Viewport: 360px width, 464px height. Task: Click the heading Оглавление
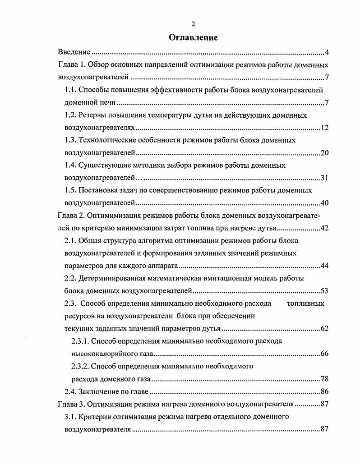[193, 37]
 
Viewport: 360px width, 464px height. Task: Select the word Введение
[75, 52]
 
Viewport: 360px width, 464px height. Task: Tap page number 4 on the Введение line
[326, 52]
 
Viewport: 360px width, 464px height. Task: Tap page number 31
[324, 178]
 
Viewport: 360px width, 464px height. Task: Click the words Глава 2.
[71, 215]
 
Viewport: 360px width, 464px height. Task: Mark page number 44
[324, 265]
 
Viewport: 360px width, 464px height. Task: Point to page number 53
[324, 290]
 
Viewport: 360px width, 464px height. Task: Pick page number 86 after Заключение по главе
[324, 391]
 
